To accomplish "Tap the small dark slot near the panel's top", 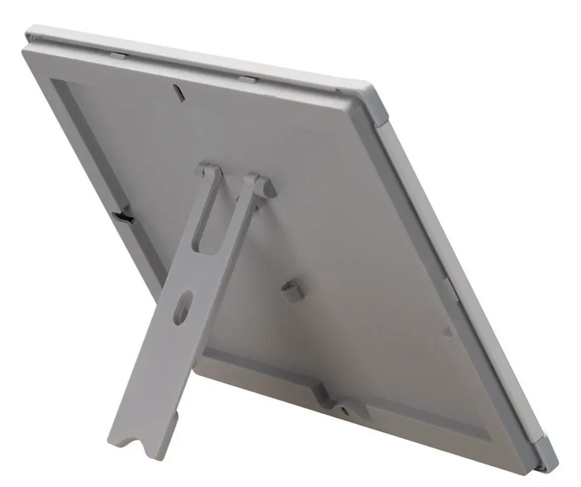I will (176, 90).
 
